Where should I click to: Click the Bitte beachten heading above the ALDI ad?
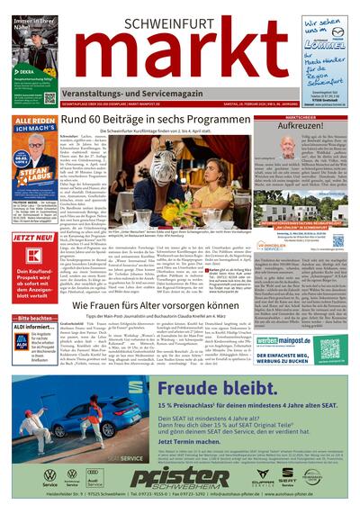(37, 319)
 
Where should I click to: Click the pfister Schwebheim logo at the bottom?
(180, 476)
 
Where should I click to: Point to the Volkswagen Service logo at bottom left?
(50, 475)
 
